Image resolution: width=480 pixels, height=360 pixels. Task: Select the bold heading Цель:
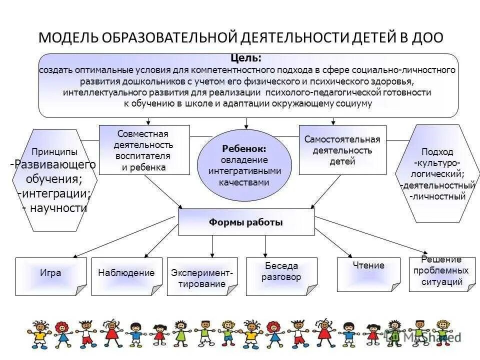(x=246, y=58)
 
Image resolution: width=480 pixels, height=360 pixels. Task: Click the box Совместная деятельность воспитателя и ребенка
(x=144, y=150)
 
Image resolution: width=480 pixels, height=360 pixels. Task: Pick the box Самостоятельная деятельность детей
(x=342, y=150)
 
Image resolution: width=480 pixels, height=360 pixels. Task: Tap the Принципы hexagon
(x=54, y=180)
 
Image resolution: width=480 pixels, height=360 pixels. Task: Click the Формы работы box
(x=246, y=222)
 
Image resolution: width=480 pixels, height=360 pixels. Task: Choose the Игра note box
(x=50, y=276)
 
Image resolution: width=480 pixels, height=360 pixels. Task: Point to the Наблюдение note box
(x=126, y=276)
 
